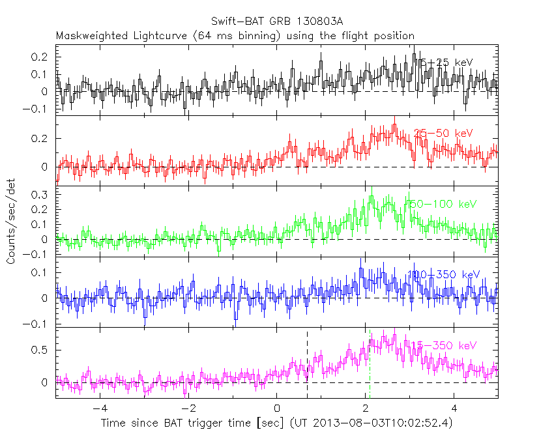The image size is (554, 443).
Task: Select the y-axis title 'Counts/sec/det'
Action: [x=11, y=222]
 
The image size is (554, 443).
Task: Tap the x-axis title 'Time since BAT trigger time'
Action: [x=193, y=423]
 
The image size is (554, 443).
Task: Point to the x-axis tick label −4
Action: [x=98, y=408]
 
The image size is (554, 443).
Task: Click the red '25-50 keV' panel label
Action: [x=443, y=133]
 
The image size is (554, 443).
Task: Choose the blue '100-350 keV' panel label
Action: [x=443, y=274]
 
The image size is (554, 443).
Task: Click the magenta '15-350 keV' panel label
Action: [x=443, y=345]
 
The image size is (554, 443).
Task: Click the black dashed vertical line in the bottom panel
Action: [x=307, y=365]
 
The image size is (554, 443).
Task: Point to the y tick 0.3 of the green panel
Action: [x=40, y=194]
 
